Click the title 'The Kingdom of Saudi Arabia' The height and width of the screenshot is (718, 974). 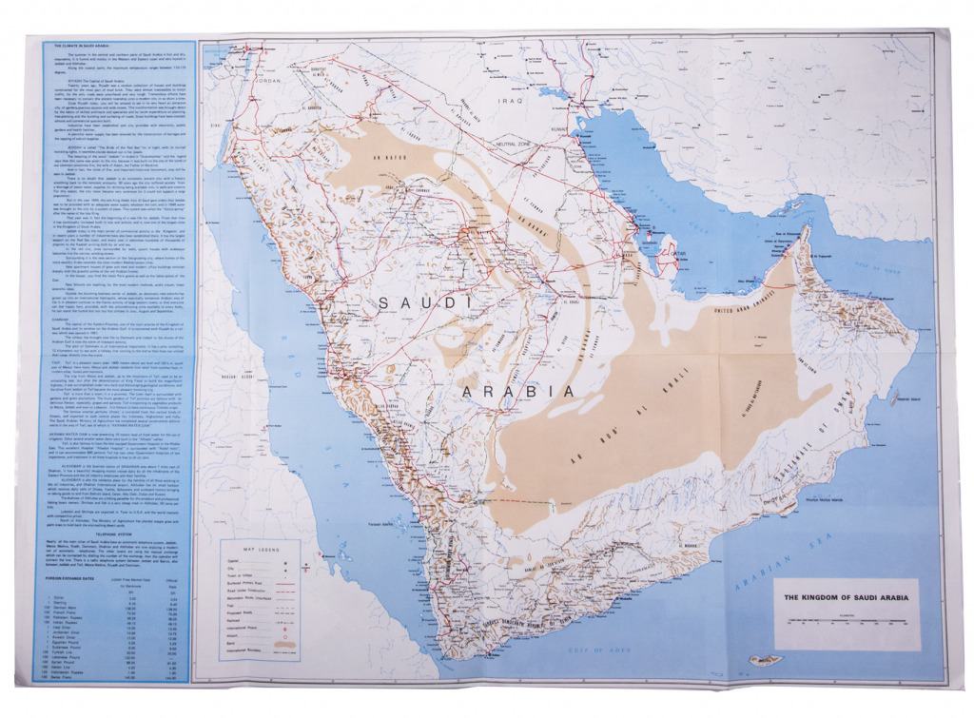pyautogui.click(x=845, y=598)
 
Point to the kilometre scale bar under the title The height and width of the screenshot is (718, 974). pyautogui.click(x=845, y=621)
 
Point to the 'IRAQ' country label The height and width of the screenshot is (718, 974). pyautogui.click(x=517, y=99)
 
